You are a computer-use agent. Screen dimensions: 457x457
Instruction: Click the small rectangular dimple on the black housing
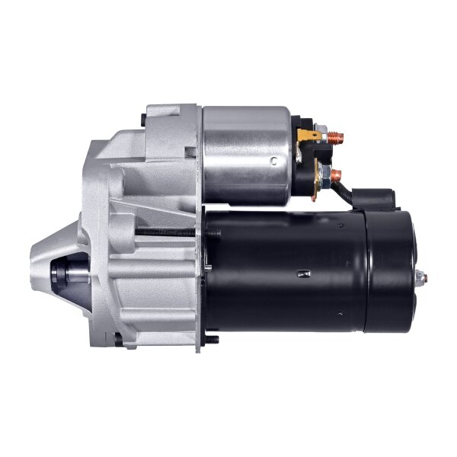[x=302, y=273]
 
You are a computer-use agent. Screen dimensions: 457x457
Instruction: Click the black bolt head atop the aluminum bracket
[x=145, y=120]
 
